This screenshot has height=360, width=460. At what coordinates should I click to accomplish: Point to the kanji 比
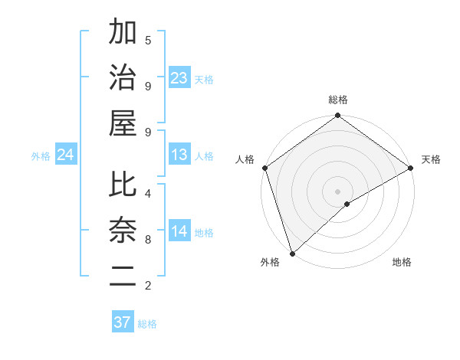123,185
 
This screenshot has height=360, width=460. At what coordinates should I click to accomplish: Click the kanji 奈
123,230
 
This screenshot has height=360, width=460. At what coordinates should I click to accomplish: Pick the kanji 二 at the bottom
123,274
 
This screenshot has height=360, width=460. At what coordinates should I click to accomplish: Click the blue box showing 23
179,78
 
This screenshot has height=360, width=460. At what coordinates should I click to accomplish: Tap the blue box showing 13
179,155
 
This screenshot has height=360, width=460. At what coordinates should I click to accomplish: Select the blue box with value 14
179,232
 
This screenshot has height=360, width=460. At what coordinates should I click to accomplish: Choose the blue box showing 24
66,155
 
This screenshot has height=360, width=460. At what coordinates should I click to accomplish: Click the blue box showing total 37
123,322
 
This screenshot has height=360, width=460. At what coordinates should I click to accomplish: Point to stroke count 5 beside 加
148,40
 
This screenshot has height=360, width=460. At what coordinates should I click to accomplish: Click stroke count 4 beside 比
148,193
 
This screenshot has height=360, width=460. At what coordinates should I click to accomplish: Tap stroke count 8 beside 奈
148,240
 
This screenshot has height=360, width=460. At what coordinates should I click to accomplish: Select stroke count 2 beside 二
148,286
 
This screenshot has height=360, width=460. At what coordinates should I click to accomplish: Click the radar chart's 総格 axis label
338,100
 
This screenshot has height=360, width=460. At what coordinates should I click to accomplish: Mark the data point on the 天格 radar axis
411,168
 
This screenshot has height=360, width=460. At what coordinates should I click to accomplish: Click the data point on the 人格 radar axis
264,168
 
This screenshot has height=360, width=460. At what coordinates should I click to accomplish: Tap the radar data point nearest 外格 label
292,253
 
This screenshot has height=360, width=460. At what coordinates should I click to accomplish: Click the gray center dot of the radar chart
338,191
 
